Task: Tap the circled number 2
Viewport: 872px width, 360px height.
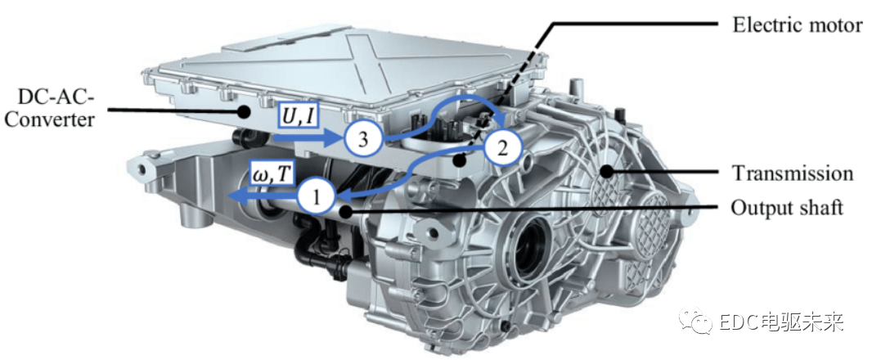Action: tap(502, 149)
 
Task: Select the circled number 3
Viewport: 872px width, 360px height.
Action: tap(362, 139)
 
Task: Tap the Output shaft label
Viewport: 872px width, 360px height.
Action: tap(787, 208)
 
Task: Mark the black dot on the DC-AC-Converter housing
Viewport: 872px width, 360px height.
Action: tap(243, 110)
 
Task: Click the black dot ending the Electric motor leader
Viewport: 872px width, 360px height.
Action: tap(459, 161)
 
